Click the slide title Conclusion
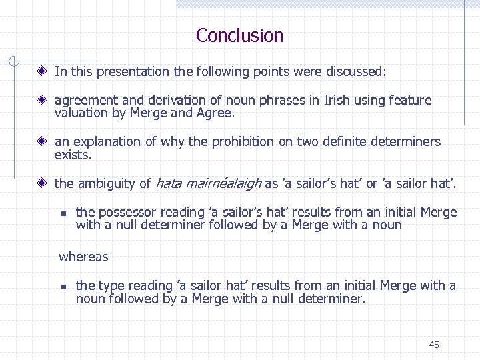point(239,35)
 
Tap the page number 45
point(434,345)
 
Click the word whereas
point(83,257)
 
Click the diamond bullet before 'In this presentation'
point(43,70)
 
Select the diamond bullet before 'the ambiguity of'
point(43,182)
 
